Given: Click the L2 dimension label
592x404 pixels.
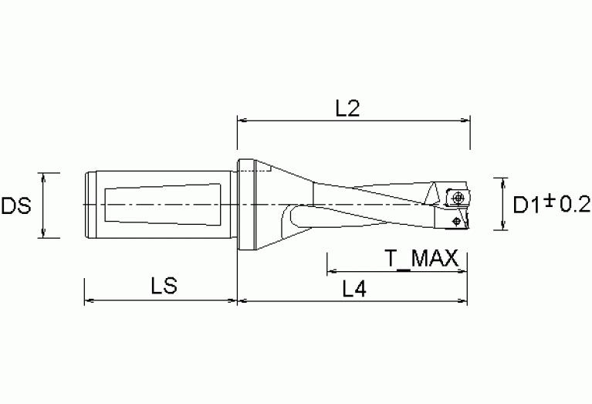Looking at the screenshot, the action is tap(348, 108).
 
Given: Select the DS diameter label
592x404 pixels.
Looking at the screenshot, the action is tap(16, 206).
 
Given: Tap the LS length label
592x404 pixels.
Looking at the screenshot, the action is tap(164, 285).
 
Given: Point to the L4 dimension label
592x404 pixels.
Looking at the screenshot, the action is tap(354, 290).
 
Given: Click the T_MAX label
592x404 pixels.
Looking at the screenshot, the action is tap(421, 260).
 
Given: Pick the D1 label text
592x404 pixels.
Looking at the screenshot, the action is tap(527, 205).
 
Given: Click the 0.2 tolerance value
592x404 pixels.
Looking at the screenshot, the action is tap(575, 205).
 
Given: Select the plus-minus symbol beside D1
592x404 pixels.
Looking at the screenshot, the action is tap(550, 200).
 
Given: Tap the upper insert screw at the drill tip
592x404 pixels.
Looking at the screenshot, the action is tap(458, 197).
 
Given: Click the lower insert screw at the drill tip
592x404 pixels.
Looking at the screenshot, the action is tap(456, 221).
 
